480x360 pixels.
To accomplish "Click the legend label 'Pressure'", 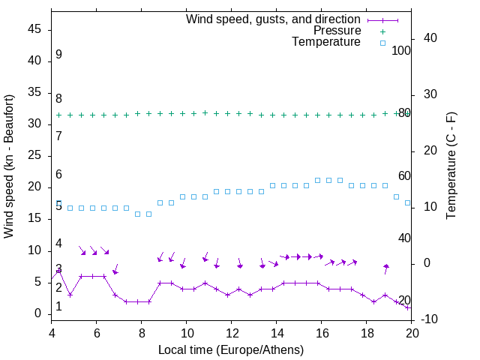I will [337, 31].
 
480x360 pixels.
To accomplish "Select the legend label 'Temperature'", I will [326, 43].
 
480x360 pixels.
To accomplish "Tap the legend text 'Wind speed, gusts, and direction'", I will [274, 19].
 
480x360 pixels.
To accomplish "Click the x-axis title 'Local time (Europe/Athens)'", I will [231, 350].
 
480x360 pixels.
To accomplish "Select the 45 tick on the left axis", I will [35, 29].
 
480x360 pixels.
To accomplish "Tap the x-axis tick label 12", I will [232, 334].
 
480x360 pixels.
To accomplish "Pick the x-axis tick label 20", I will [412, 334].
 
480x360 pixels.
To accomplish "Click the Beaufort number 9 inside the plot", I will [58, 55].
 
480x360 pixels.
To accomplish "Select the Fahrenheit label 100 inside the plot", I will [401, 50].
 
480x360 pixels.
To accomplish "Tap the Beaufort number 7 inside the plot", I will [58, 136].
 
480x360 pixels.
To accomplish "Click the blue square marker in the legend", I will [382, 43].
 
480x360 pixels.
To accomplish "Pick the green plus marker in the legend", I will [382, 31].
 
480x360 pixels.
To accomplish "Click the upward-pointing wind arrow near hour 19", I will [386, 268].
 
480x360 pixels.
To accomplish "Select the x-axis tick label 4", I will [52, 334].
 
